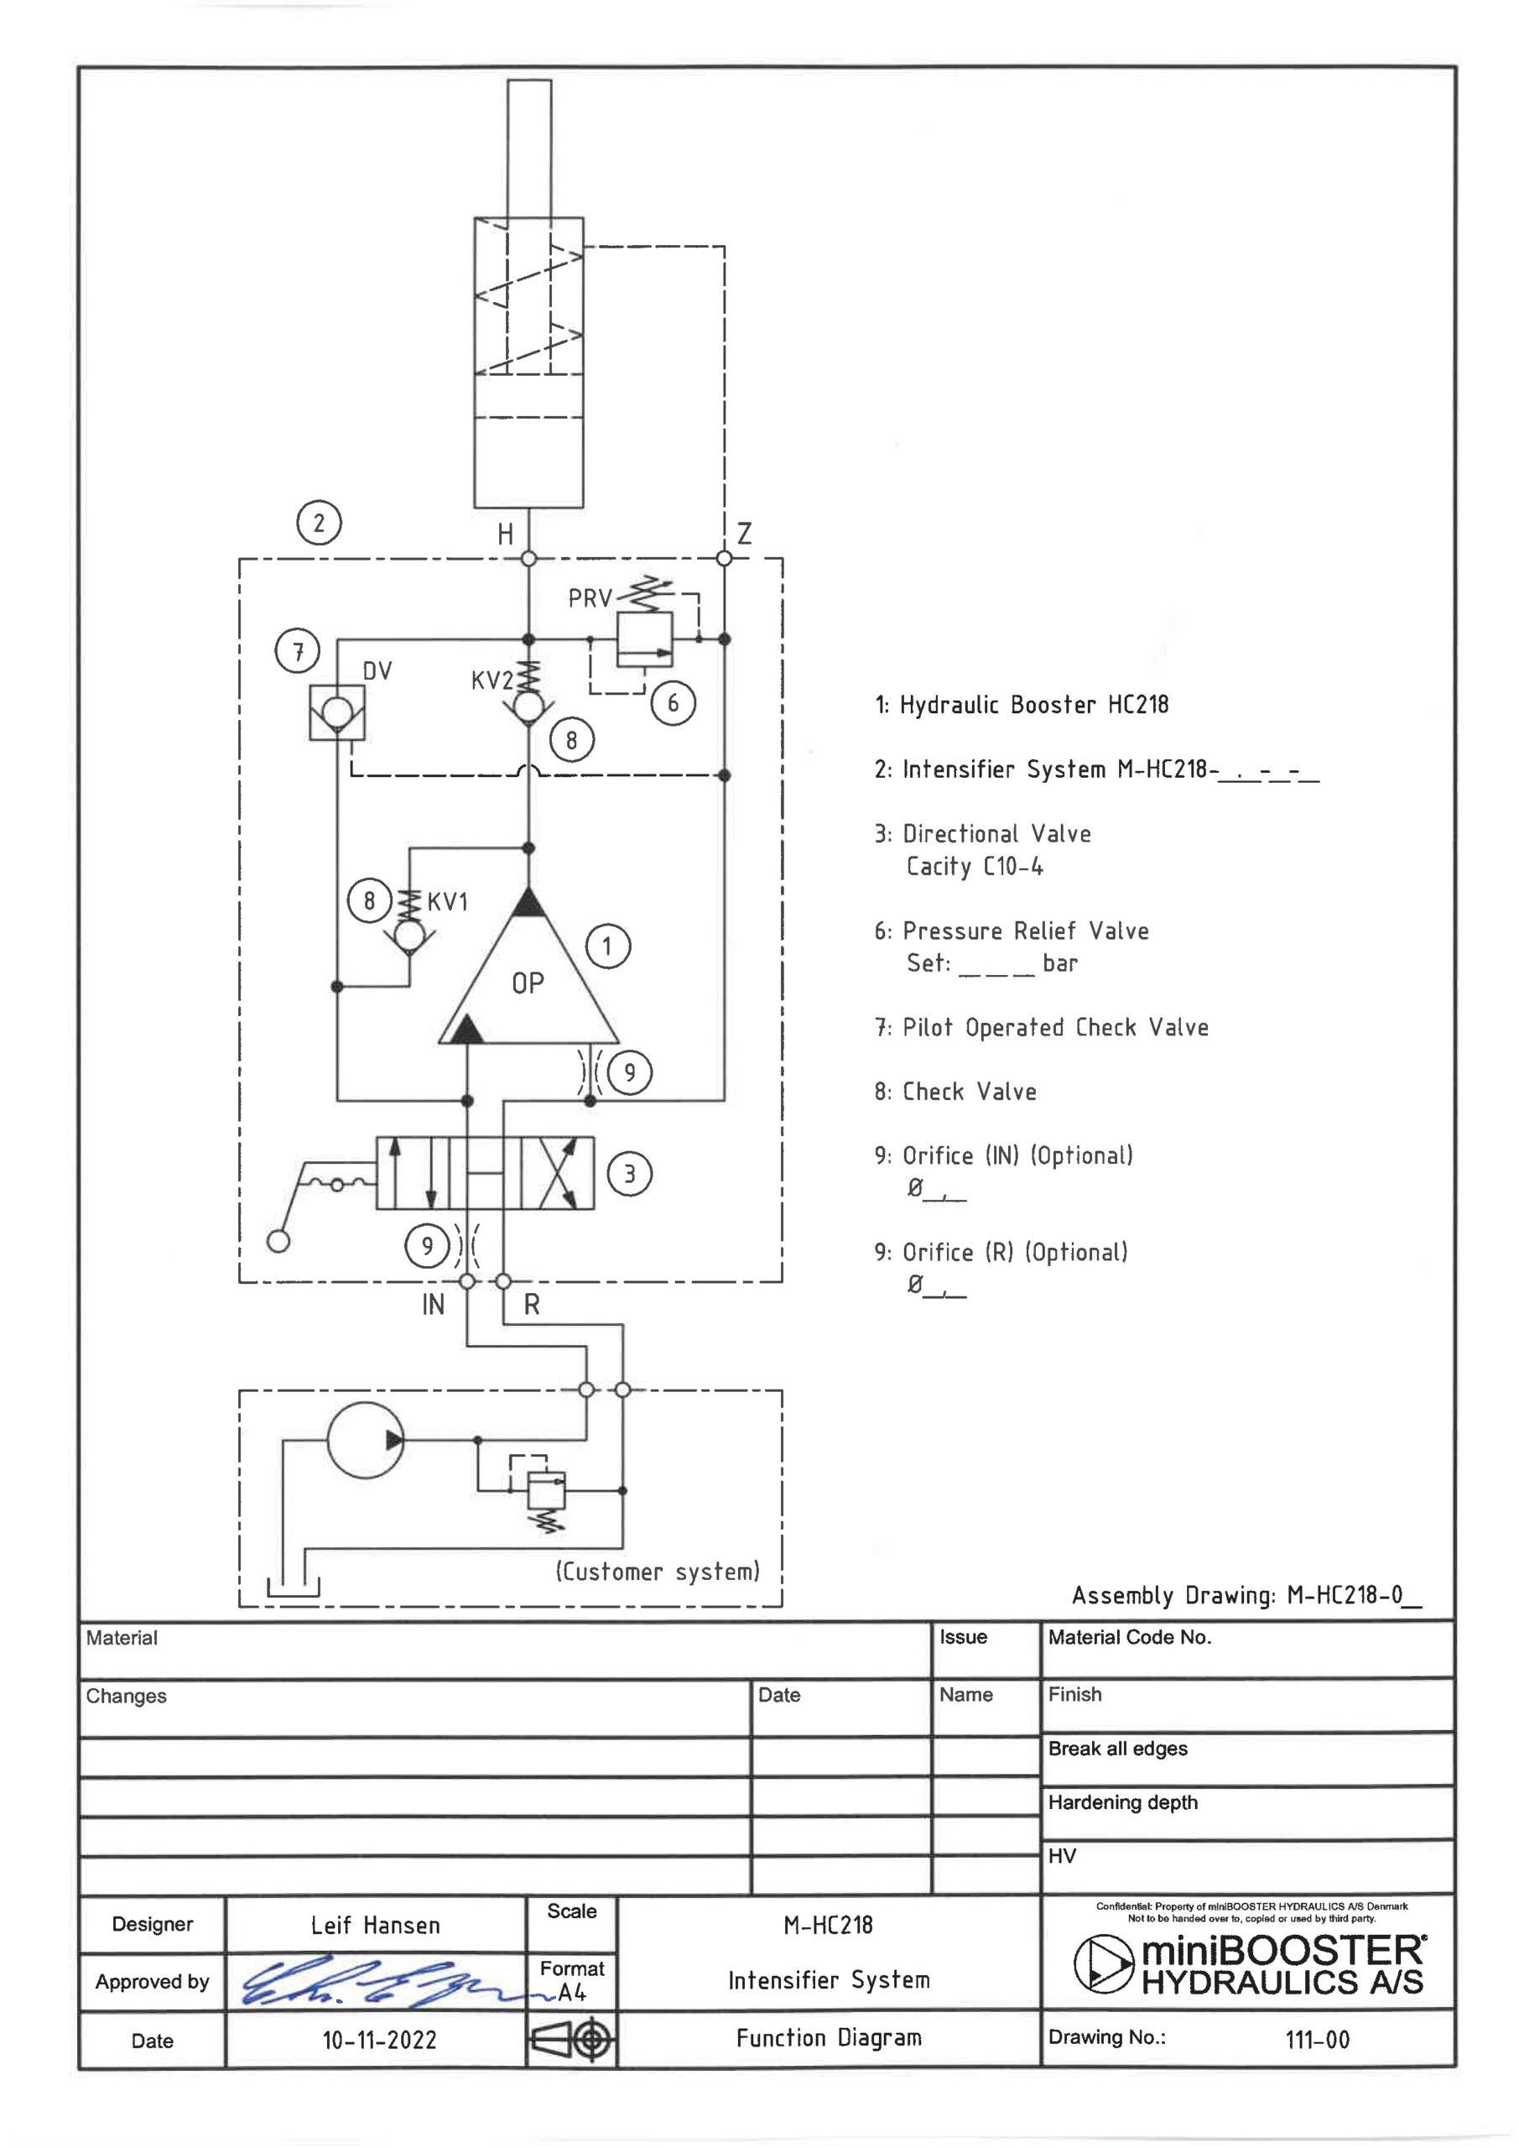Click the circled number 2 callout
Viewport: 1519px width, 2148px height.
point(319,523)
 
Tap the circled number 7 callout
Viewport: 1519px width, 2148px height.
point(298,651)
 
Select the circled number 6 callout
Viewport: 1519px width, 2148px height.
point(673,702)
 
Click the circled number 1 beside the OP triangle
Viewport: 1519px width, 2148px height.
point(608,946)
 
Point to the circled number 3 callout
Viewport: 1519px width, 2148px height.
point(629,1173)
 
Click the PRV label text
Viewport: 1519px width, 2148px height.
point(590,597)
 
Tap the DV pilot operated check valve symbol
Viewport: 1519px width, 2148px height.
point(336,712)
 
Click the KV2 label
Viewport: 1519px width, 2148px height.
point(492,680)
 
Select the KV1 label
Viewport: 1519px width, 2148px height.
point(447,902)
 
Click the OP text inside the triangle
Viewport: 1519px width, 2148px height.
point(528,983)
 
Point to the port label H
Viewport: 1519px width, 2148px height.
point(505,534)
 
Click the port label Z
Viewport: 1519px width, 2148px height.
point(745,534)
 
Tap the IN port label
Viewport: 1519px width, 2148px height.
point(433,1305)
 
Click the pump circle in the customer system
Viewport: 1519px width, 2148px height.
point(366,1440)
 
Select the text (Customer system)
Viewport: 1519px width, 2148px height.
point(658,1571)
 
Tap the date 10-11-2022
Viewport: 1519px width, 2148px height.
point(380,2041)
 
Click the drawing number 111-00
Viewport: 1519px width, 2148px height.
point(1317,2040)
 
